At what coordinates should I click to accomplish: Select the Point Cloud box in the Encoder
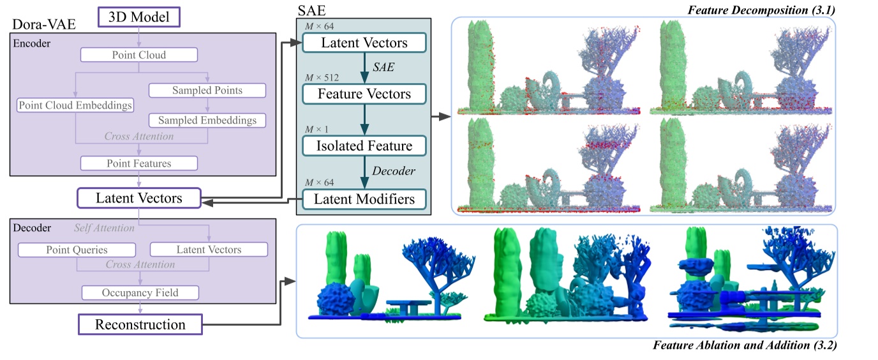[139, 55]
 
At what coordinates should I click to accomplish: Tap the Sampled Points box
[207, 90]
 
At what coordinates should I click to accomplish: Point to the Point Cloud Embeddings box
[75, 105]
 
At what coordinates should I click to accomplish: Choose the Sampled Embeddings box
[207, 119]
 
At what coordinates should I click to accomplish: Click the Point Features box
[139, 163]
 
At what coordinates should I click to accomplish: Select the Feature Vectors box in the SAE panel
[364, 94]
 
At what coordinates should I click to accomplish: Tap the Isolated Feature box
[364, 146]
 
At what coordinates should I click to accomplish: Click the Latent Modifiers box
[364, 199]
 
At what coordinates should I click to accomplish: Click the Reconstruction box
[140, 324]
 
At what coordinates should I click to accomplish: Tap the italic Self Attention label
[104, 228]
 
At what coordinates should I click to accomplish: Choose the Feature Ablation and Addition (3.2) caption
[745, 346]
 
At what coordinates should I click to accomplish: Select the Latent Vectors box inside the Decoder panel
[208, 250]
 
